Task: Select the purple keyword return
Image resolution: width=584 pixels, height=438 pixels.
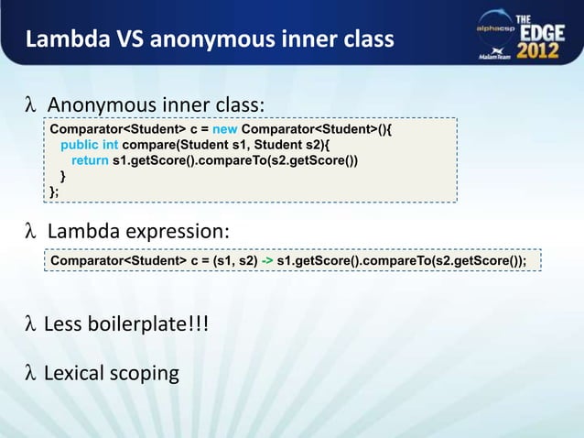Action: click(90, 160)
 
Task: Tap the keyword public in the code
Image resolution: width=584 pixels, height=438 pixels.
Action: click(80, 145)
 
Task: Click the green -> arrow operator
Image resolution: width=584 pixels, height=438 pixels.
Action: click(266, 261)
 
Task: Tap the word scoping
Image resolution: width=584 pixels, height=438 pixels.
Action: click(145, 374)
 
